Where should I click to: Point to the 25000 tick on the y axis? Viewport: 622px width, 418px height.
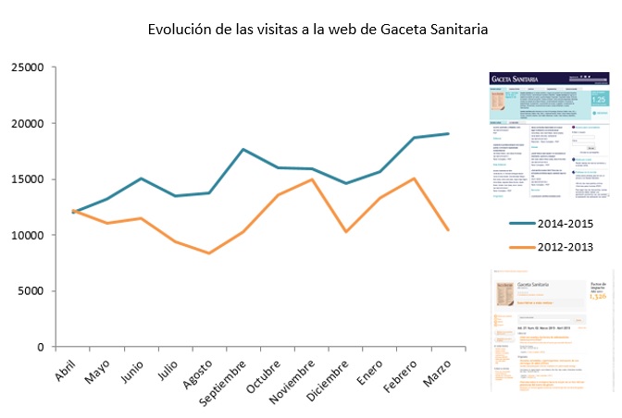pyautogui.click(x=27, y=68)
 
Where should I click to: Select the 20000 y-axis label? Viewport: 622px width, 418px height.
pyautogui.click(x=27, y=124)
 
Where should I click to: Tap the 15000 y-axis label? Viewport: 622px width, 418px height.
pyautogui.click(x=27, y=179)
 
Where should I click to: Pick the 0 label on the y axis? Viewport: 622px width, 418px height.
pyautogui.click(x=40, y=347)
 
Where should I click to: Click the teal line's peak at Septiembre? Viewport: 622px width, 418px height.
pyautogui.click(x=243, y=149)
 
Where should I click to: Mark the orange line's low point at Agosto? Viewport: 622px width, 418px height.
pyautogui.click(x=209, y=253)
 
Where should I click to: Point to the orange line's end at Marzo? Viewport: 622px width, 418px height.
pyautogui.click(x=448, y=230)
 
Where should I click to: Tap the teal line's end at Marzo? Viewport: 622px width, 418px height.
pyautogui.click(x=448, y=134)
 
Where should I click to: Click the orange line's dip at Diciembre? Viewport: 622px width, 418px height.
pyautogui.click(x=346, y=231)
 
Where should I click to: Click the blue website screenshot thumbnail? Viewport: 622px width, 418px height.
pyautogui.click(x=550, y=136)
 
